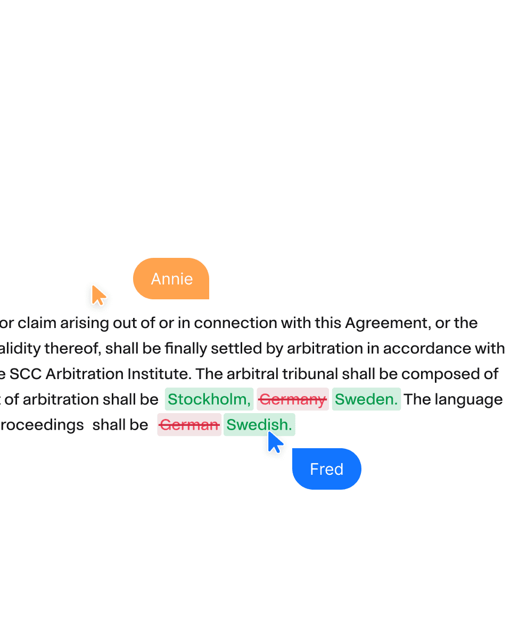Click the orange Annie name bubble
pos(171,279)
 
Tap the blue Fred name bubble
pos(326,469)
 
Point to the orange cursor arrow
pos(98,295)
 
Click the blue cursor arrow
pos(275,442)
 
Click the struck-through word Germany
pos(292,399)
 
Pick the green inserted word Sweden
pos(366,399)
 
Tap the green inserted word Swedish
pos(259,425)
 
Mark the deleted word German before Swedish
pos(189,425)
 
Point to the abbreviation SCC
pos(26,374)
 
